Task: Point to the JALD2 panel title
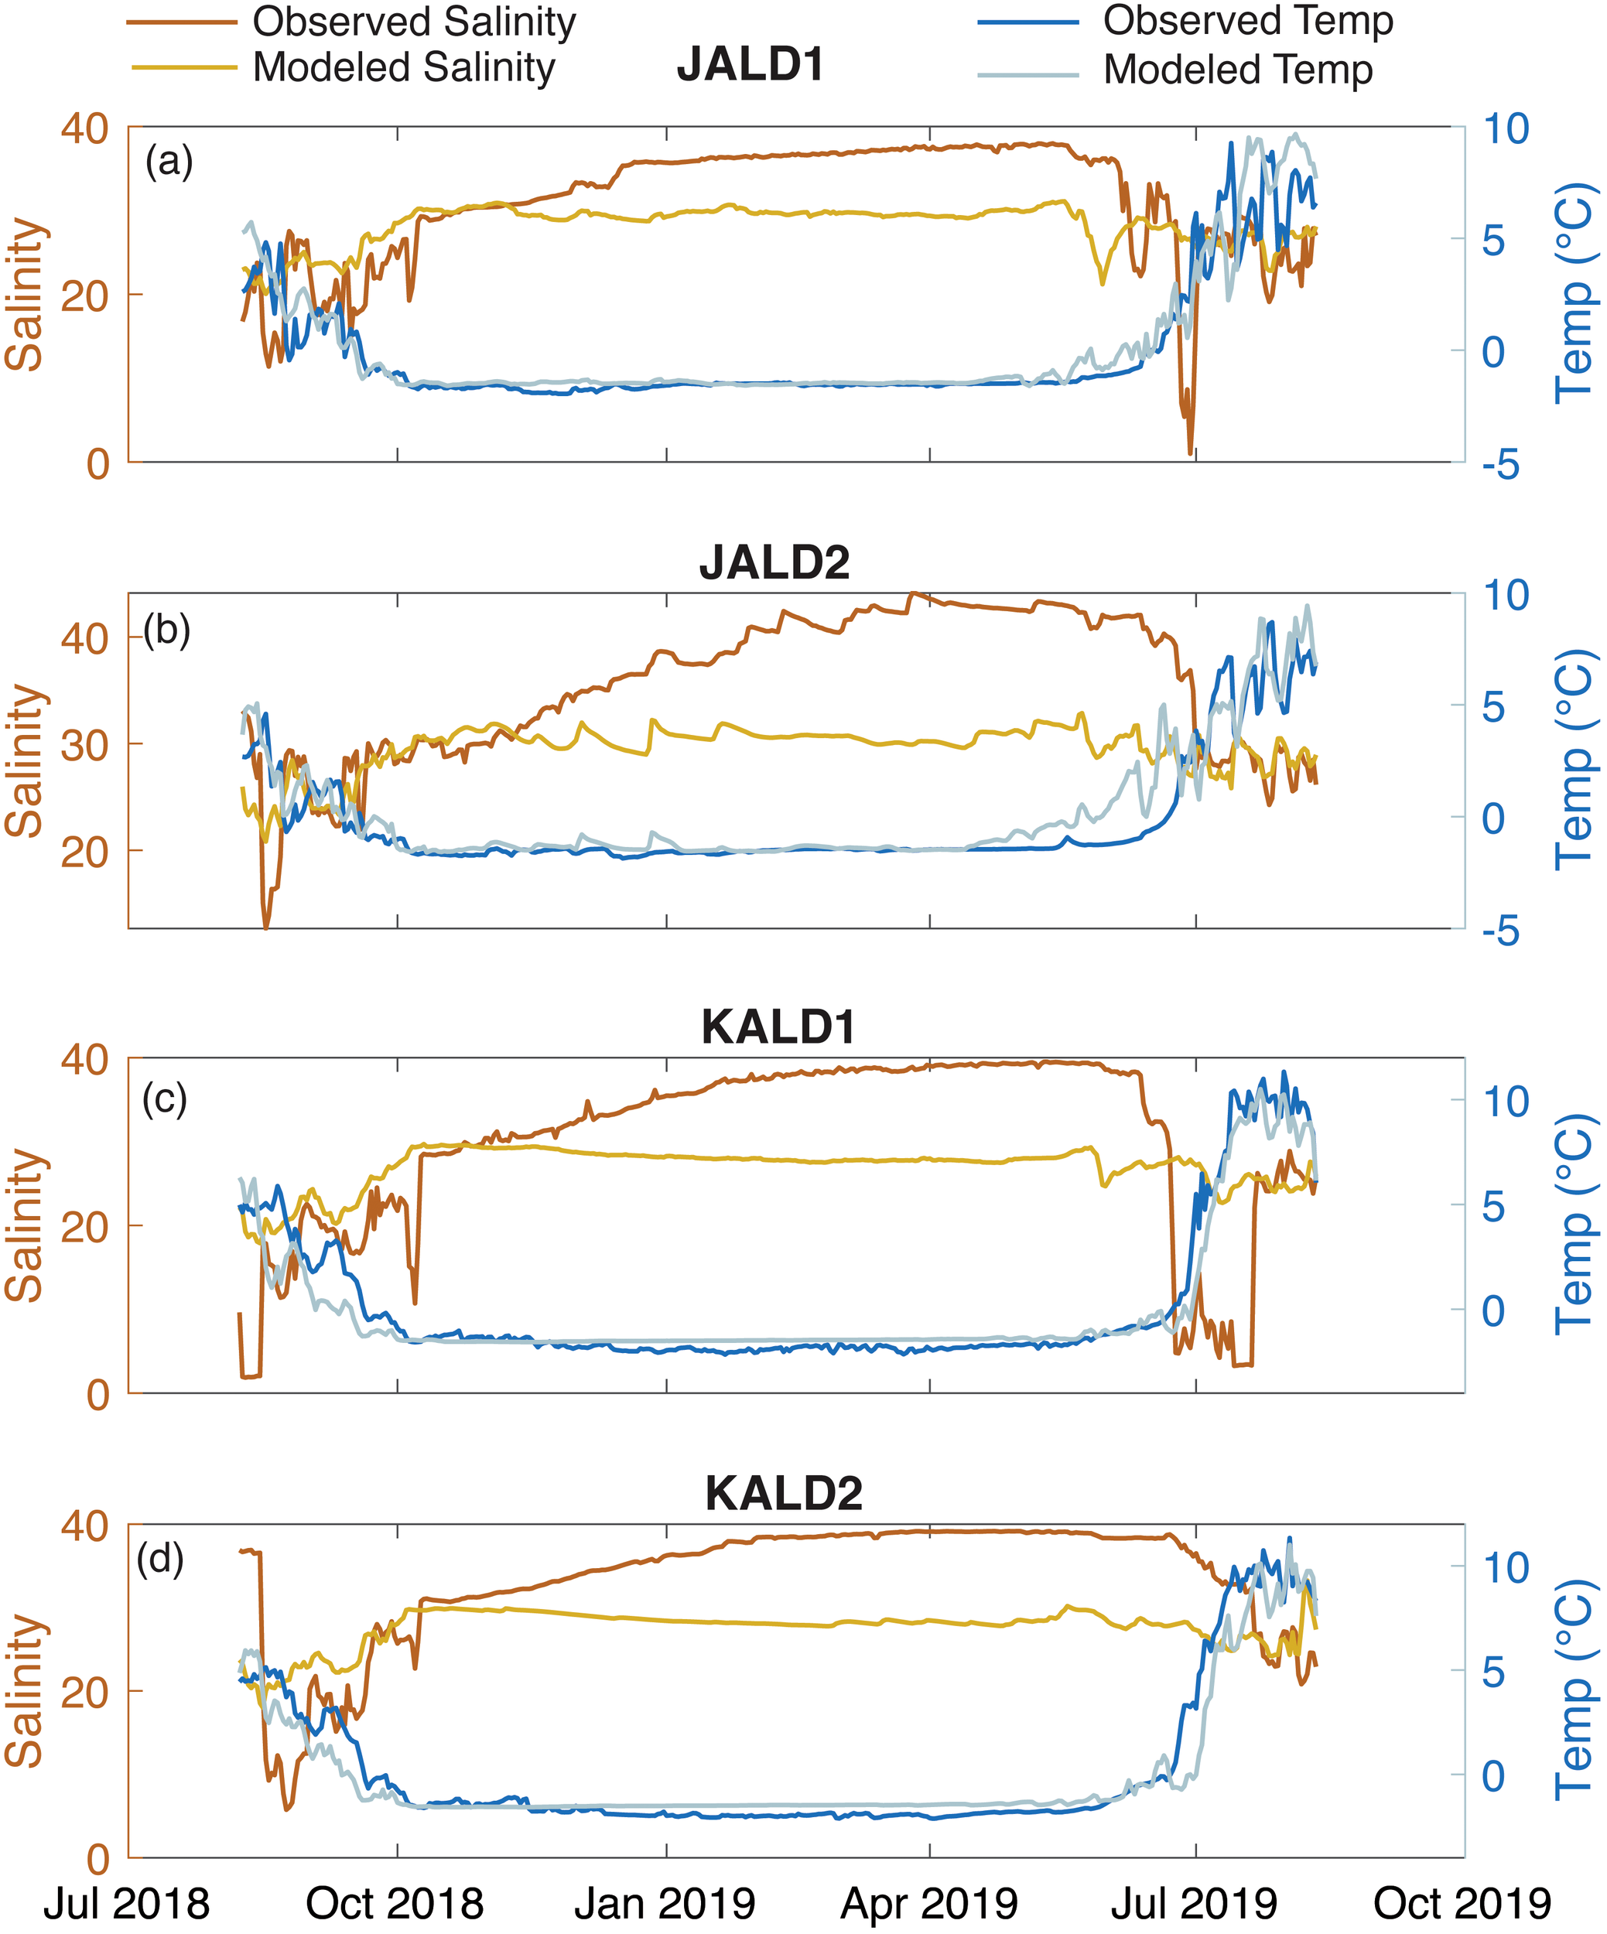774,562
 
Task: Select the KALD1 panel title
778,1027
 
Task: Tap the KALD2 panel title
784,1493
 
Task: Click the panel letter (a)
169,163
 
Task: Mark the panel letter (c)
165,1099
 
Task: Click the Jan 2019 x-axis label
665,1903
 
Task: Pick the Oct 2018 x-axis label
395,1903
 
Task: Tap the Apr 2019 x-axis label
929,1903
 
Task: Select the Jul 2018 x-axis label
127,1903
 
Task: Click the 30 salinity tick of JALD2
85,745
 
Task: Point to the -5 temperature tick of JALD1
1500,466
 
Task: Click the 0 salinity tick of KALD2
97,1861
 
